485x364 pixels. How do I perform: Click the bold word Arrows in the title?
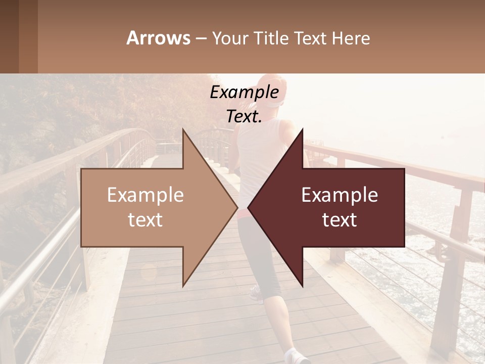[x=159, y=38]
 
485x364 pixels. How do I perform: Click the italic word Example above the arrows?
[x=244, y=93]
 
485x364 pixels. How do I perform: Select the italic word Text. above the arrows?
[x=244, y=117]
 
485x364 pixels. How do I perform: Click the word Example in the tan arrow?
[x=145, y=195]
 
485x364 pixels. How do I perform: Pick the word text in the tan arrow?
[x=145, y=220]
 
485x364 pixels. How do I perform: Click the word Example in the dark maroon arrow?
[x=339, y=195]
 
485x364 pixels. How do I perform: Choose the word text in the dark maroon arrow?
[x=339, y=220]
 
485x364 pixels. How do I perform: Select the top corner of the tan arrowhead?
[x=183, y=131]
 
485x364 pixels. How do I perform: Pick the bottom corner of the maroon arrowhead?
[x=302, y=286]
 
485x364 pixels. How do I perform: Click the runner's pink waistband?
[x=243, y=213]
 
